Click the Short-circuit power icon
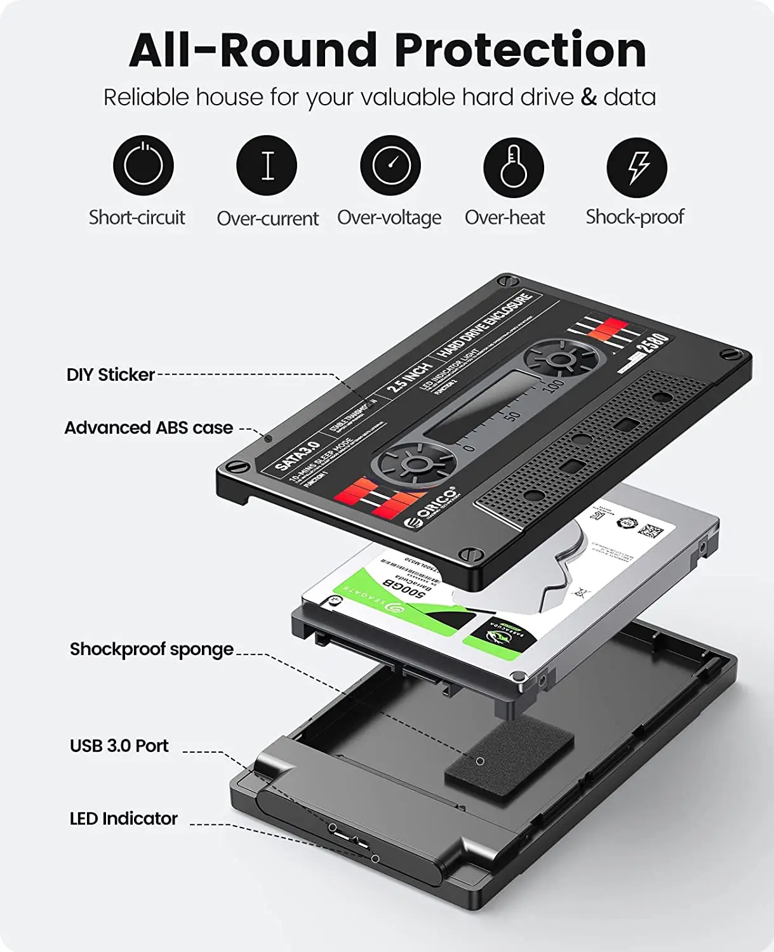click(x=143, y=166)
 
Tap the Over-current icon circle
click(x=267, y=166)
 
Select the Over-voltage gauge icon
click(x=390, y=166)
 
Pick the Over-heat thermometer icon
click(x=513, y=166)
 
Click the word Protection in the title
click(x=520, y=50)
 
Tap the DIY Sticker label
click(x=110, y=374)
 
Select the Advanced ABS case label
click(x=149, y=428)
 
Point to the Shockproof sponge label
click(x=152, y=649)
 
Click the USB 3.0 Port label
click(x=119, y=746)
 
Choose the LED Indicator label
click(x=124, y=819)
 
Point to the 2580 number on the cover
click(x=651, y=344)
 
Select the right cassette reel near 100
click(x=559, y=360)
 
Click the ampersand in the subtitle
click(x=589, y=97)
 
